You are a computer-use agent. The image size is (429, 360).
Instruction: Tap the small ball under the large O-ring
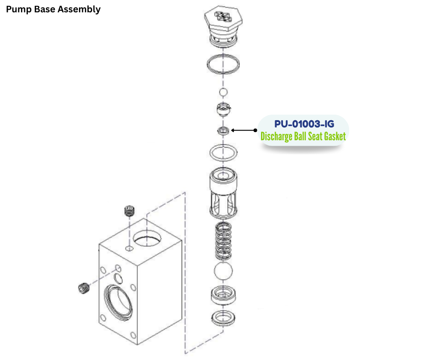coord(223,93)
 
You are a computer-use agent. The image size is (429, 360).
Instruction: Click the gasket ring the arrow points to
coord(223,131)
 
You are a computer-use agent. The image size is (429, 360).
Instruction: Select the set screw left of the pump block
coord(83,288)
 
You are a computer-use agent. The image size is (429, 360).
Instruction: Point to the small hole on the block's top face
coord(129,249)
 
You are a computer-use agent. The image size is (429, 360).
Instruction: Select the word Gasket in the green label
coord(331,136)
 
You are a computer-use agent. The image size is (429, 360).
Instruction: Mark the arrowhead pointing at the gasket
coord(233,130)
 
